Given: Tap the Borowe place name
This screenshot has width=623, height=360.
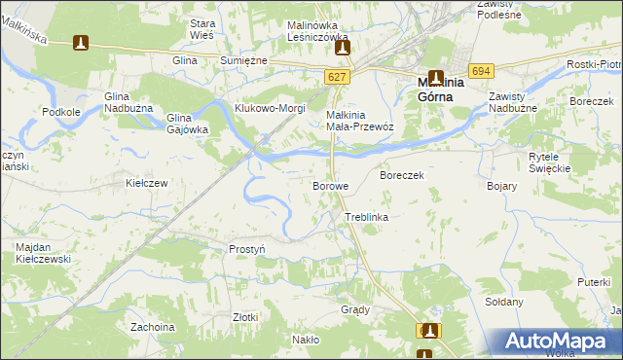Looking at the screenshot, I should click(330, 185).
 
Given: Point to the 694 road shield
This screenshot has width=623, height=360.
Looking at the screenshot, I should click(480, 71).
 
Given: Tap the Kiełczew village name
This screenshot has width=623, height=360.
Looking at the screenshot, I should click(148, 183).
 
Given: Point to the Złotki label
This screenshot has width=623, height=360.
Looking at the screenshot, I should click(245, 317).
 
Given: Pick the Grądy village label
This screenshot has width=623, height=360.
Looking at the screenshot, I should click(355, 309).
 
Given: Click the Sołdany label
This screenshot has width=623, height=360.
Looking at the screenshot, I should click(504, 302).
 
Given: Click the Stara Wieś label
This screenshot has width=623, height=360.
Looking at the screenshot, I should click(202, 28).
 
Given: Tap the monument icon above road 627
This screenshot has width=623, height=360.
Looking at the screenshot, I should click(341, 46).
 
